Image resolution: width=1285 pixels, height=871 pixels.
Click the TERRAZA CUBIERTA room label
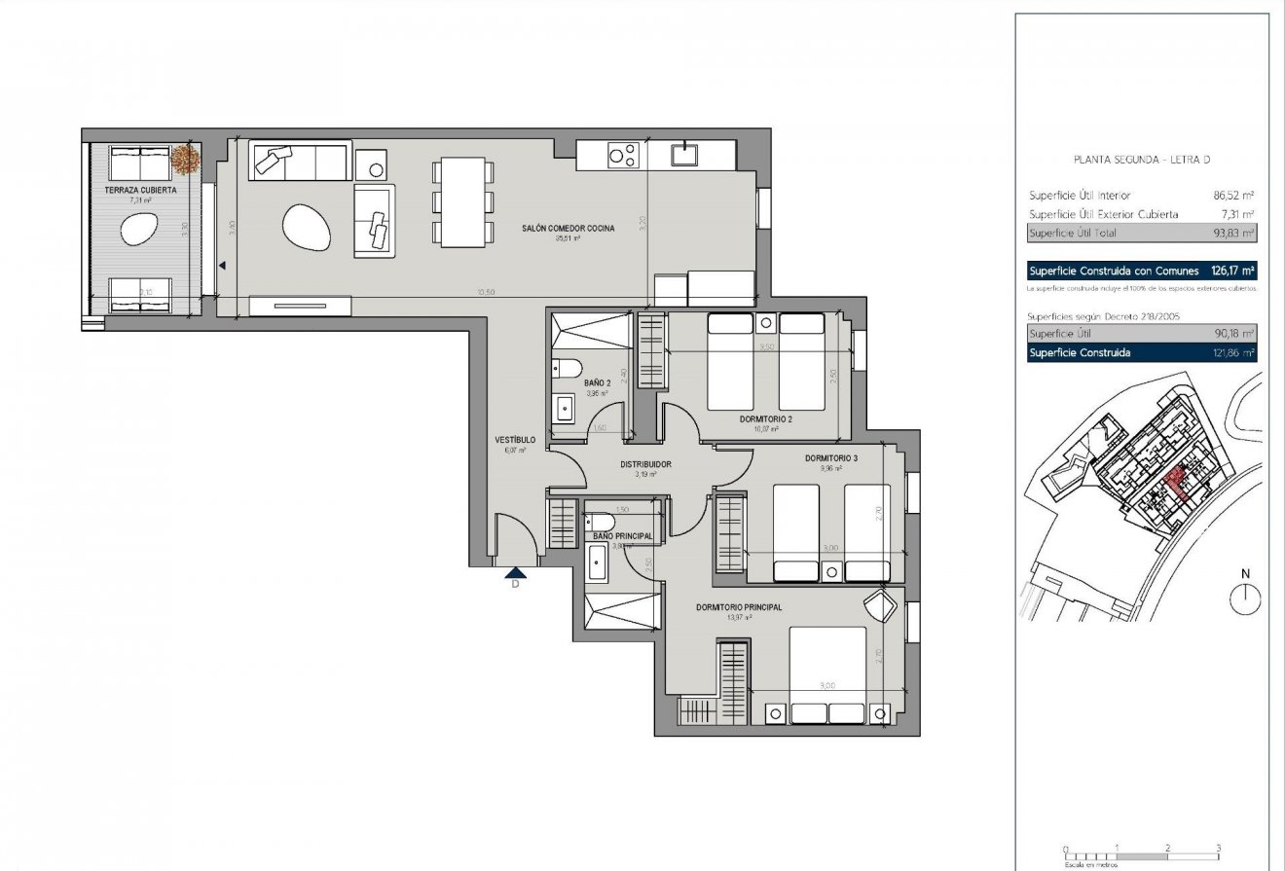click(140, 191)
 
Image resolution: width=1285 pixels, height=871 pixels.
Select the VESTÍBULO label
click(515, 440)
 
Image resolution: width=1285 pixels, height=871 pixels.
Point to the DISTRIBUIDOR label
click(646, 464)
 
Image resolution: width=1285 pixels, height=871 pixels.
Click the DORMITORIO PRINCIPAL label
click(739, 607)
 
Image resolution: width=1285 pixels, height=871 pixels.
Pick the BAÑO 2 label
click(597, 383)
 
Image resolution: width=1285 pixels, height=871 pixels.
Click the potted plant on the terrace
click(184, 157)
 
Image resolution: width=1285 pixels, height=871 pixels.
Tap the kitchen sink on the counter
click(685, 153)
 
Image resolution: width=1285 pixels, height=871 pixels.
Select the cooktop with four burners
click(623, 155)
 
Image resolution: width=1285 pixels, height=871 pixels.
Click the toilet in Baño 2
click(567, 368)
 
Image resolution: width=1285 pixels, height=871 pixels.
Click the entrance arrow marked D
click(515, 574)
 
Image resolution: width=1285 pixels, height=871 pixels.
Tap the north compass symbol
click(1245, 598)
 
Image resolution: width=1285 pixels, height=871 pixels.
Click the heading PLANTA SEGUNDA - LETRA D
click(1140, 160)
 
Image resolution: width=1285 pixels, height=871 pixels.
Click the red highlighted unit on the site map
click(1176, 483)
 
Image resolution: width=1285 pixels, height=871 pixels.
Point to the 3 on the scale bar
click(1218, 848)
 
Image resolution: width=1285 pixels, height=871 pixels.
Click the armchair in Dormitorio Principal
click(882, 605)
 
